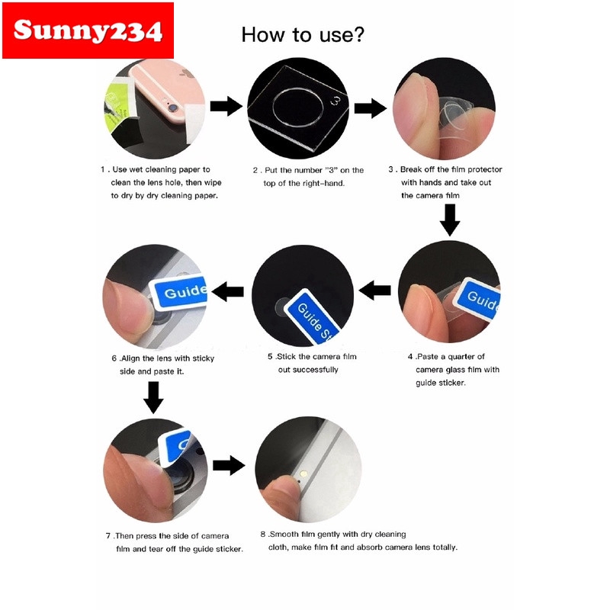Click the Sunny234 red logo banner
tap(88, 30)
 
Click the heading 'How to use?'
tap(303, 34)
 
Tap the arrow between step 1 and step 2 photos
tap(226, 106)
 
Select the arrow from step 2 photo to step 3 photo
tap(370, 108)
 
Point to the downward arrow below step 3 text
tap(450, 220)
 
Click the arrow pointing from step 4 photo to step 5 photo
tap(374, 291)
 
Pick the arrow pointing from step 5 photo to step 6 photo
tap(228, 291)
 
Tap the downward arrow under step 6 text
tap(154, 397)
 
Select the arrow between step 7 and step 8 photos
tap(229, 465)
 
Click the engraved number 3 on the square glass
tap(335, 101)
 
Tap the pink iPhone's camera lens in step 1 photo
tap(172, 108)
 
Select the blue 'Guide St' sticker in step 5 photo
tap(313, 316)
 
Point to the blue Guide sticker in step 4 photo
tap(479, 299)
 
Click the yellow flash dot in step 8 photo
tap(303, 474)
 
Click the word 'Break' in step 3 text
tap(412, 169)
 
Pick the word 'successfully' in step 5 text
tap(316, 370)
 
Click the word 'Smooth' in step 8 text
tap(284, 535)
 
